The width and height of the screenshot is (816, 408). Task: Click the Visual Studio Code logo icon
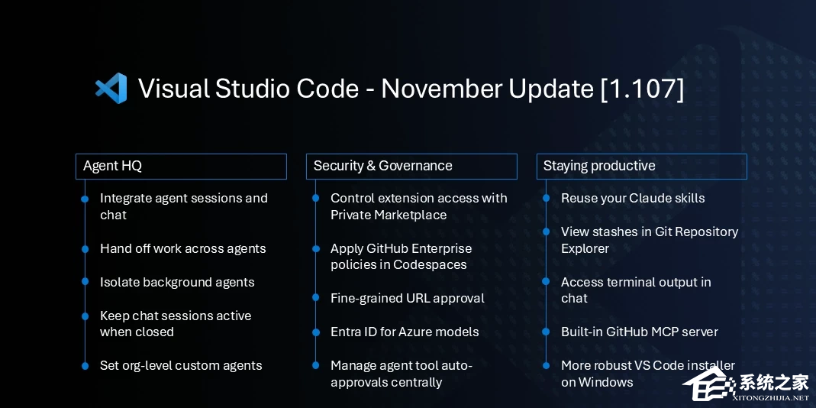click(x=111, y=89)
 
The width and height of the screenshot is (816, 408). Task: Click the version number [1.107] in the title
click(x=642, y=89)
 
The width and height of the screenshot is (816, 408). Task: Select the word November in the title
click(x=434, y=89)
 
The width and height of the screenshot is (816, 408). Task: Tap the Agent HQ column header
click(x=181, y=166)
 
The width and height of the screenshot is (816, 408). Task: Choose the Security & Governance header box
click(x=411, y=166)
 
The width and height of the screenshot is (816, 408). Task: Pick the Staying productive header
click(x=641, y=166)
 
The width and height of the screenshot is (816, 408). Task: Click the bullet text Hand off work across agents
click(x=182, y=248)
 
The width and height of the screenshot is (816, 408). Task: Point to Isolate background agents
click(x=177, y=282)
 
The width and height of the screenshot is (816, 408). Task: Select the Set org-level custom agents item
click(x=181, y=365)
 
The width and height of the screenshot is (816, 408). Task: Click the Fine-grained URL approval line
click(x=407, y=298)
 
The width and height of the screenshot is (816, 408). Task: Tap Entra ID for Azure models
click(x=405, y=332)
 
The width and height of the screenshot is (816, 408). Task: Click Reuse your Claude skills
click(x=632, y=198)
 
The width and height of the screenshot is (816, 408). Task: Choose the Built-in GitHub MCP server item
click(x=639, y=332)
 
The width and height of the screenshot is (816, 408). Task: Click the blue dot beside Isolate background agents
click(x=85, y=282)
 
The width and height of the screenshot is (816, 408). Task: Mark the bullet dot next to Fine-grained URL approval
click(x=315, y=298)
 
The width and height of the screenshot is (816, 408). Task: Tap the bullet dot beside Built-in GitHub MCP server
click(x=546, y=332)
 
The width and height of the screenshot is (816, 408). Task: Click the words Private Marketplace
click(x=389, y=215)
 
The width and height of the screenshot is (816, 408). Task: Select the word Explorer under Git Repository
click(x=585, y=248)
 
